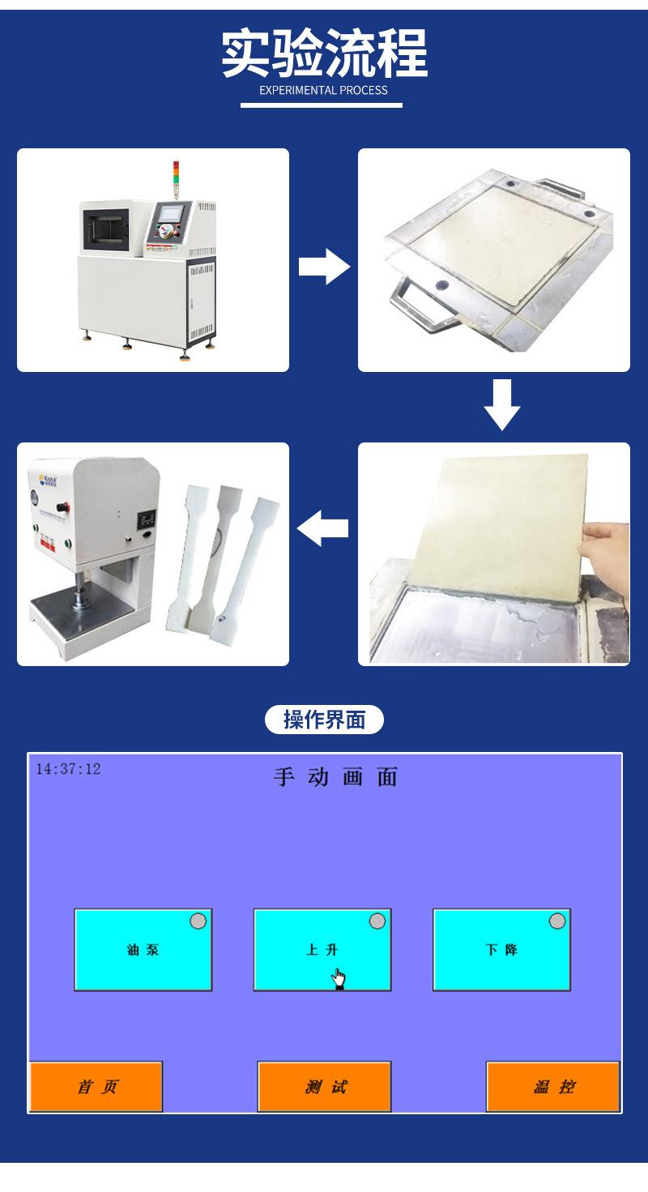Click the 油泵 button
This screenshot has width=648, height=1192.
click(x=143, y=950)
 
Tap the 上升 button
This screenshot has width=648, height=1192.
click(x=322, y=950)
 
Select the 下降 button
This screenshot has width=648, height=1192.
click(x=501, y=950)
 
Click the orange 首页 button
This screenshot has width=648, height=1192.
click(x=96, y=1087)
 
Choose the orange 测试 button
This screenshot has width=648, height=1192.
click(x=324, y=1087)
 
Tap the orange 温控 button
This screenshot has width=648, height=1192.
click(x=553, y=1087)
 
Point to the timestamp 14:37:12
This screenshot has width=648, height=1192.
click(x=68, y=768)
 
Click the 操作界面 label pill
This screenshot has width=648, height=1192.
click(x=324, y=719)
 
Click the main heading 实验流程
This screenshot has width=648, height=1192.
click(x=324, y=53)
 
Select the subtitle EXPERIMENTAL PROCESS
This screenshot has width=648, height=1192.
click(x=323, y=90)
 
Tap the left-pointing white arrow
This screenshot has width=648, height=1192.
click(x=323, y=530)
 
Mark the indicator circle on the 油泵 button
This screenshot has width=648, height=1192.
click(x=198, y=921)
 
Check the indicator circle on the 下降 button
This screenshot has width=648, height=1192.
click(x=556, y=921)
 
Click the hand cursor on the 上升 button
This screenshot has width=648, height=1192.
click(x=339, y=979)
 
